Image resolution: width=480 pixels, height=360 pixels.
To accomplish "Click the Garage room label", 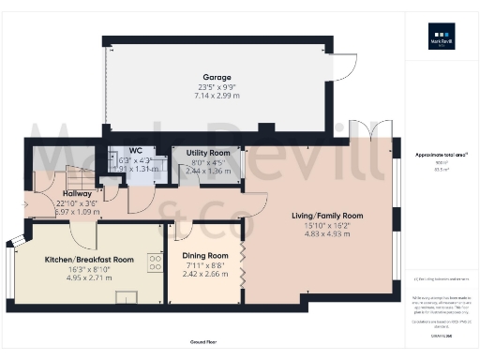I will [217, 77].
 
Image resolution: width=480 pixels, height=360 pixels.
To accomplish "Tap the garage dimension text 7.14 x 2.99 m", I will [217, 96].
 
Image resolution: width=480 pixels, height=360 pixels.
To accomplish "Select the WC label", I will [136, 150].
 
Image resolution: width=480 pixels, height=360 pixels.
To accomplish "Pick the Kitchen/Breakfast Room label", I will [90, 259].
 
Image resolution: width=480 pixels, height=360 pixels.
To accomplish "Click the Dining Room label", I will [204, 255].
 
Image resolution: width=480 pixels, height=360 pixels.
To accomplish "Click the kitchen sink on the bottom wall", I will [125, 297].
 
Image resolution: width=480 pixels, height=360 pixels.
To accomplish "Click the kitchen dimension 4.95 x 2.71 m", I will [90, 279].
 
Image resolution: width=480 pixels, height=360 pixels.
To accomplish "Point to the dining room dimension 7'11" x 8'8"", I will [204, 265].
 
